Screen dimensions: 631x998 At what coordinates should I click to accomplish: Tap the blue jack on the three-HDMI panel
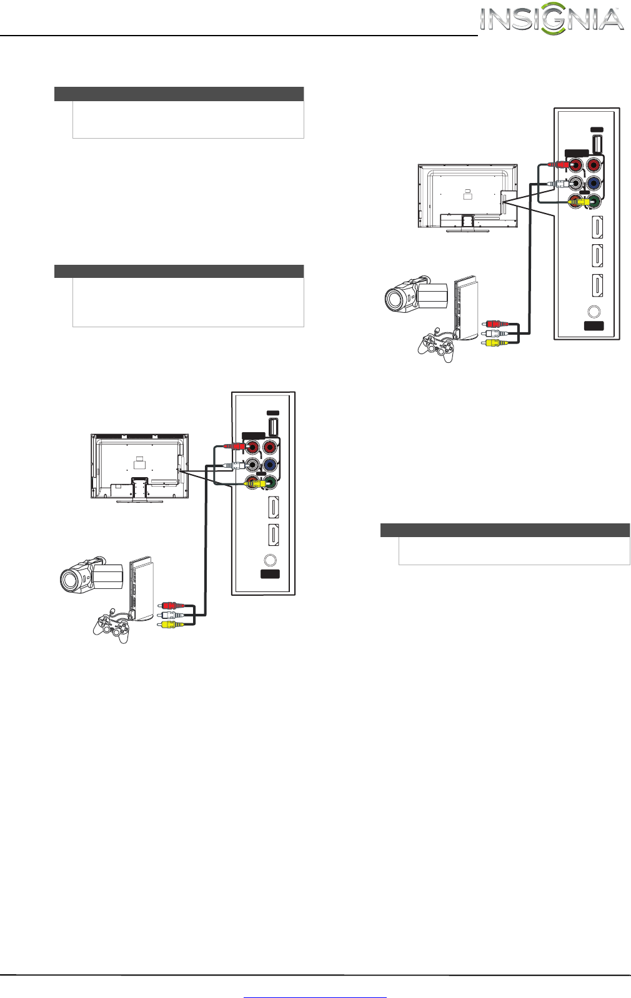coord(594,184)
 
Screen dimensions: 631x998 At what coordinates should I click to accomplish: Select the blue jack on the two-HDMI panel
coord(269,465)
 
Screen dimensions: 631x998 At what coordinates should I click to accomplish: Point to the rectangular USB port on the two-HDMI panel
coord(273,427)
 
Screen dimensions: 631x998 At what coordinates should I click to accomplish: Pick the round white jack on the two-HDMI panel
coord(253,465)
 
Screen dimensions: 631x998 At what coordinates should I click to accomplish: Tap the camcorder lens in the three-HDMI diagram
coord(395,300)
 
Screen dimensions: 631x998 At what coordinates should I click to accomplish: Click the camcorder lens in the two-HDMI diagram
coord(70,580)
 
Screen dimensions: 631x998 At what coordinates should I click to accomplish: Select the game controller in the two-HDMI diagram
coord(112,626)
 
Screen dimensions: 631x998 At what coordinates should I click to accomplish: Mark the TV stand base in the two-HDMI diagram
coord(140,501)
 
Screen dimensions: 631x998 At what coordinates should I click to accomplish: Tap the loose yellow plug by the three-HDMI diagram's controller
coord(493,342)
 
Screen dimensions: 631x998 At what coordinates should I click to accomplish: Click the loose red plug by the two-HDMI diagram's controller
coord(169,605)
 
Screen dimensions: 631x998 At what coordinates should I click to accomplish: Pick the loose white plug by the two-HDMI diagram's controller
coord(169,615)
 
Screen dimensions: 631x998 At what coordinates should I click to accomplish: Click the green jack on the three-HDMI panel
coord(595,201)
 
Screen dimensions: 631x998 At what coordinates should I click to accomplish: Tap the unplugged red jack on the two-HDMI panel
coord(269,448)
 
